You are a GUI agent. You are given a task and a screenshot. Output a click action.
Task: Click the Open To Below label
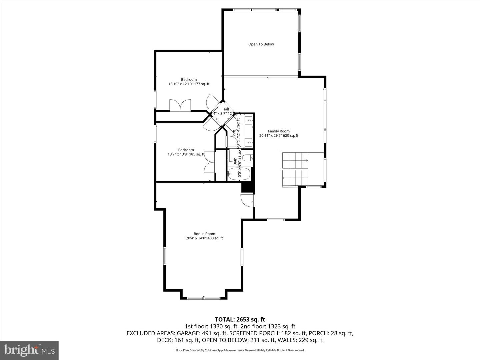click(261, 44)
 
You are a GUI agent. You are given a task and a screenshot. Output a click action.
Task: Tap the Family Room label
click(279, 133)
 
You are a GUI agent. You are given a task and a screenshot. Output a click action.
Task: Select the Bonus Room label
click(204, 236)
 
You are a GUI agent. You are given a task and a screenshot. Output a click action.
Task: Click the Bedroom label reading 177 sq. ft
click(189, 82)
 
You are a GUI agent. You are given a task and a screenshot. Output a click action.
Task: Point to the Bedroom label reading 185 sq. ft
click(186, 152)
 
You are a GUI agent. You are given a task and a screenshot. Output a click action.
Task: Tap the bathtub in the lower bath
click(238, 174)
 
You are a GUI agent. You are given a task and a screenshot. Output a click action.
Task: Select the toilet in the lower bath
click(247, 158)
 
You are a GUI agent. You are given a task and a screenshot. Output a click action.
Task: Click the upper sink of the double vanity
click(249, 119)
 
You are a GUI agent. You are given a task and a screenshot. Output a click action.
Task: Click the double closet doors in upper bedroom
click(180, 105)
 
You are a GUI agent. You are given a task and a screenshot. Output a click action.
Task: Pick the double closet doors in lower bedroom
click(209, 162)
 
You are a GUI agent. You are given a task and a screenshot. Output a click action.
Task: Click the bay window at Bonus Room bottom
click(204, 297)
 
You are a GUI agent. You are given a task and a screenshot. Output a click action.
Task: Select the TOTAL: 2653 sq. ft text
click(240, 320)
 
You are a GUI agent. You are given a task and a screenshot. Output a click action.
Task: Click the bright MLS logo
click(29, 350)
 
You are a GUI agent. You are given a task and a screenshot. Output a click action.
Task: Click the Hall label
click(226, 109)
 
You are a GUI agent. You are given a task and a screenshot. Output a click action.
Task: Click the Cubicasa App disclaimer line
click(240, 350)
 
